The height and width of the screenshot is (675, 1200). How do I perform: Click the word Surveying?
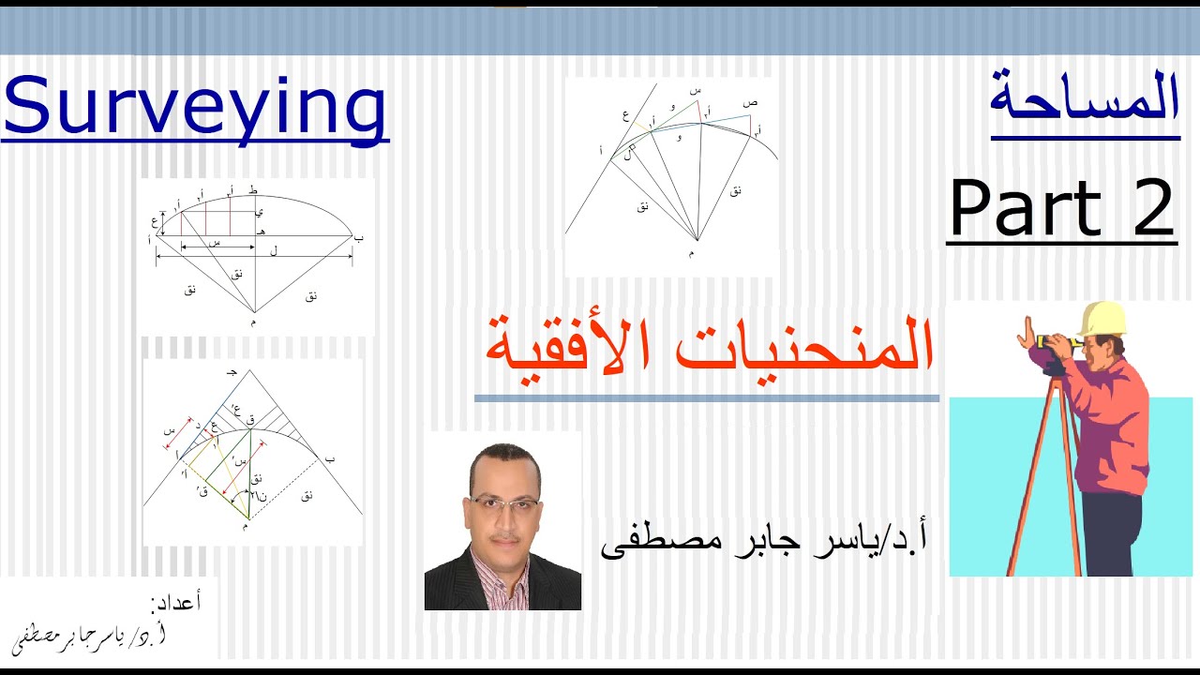(195, 108)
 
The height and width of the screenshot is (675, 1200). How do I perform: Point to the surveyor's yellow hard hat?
(1102, 318)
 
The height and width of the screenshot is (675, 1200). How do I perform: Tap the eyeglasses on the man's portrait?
(503, 502)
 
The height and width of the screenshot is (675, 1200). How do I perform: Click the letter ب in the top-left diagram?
(358, 238)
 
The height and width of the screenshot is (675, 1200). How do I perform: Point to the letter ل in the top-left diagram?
(273, 251)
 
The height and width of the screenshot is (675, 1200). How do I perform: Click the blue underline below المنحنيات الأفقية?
(706, 398)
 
